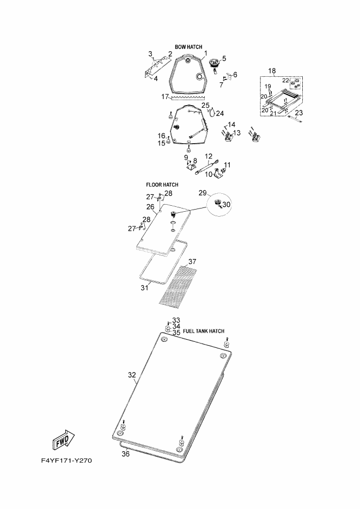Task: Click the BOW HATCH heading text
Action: (x=188, y=47)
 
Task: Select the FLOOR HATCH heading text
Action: (x=162, y=185)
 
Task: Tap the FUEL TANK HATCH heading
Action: (x=204, y=331)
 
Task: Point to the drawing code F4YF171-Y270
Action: (x=66, y=461)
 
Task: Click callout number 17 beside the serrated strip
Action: (x=165, y=97)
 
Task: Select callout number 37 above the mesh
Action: (x=192, y=262)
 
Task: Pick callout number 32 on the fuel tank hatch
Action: (x=132, y=375)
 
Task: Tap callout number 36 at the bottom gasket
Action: (x=126, y=454)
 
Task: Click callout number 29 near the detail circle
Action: (x=203, y=193)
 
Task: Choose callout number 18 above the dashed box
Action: (x=272, y=71)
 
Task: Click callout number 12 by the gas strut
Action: (x=209, y=156)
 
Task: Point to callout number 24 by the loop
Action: (x=220, y=113)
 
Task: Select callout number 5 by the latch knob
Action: (x=224, y=59)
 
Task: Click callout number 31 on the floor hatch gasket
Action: (x=144, y=287)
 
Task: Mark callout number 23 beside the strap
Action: (x=298, y=113)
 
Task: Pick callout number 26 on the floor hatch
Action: (x=150, y=207)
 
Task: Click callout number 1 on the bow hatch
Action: (x=205, y=53)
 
